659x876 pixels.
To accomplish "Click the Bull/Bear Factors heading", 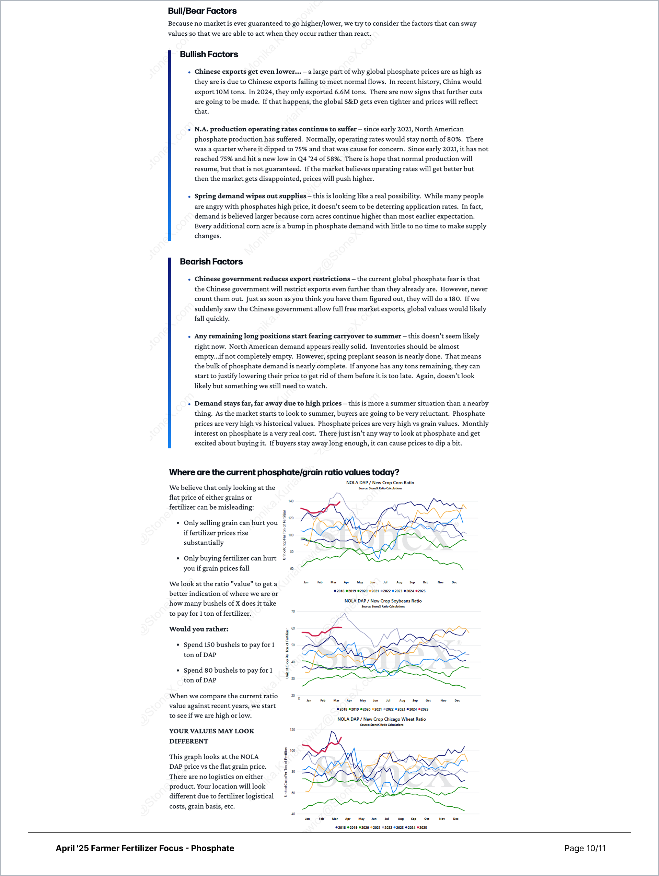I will coord(202,11).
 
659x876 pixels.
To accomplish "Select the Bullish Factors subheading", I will coord(209,55).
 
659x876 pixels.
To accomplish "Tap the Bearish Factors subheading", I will coord(211,262).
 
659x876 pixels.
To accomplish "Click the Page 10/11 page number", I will coord(585,848).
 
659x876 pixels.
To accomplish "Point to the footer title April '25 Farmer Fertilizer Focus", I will coord(144,848).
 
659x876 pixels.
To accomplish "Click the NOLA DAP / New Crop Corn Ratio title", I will coord(380,483).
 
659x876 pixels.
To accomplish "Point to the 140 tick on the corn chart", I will coord(291,501).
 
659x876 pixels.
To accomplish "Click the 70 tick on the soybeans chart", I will coord(293,612).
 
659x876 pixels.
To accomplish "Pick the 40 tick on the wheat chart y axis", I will coord(293,814).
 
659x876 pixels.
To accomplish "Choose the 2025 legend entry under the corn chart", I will coord(421,591).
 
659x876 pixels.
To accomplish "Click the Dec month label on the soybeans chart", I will coord(457,701).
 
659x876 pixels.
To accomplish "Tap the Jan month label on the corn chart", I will coord(306,582).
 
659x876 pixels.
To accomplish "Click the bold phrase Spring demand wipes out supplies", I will coord(250,197).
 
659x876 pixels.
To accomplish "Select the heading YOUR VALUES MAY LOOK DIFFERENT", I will coord(212,736).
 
